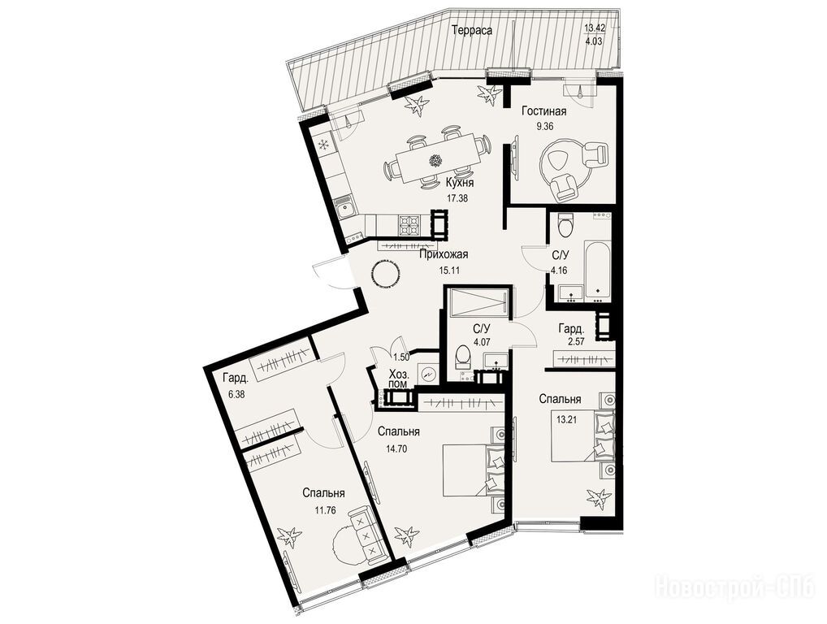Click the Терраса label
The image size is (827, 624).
coord(472,31)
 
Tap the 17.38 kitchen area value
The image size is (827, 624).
coord(457,199)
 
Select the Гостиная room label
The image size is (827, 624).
coord(544,111)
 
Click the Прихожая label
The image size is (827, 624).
coord(444,255)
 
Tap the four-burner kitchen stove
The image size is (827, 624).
coord(409,224)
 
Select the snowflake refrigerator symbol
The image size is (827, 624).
coord(323,144)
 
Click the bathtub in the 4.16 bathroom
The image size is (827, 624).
coord(598,270)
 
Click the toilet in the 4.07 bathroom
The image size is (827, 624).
coord(462,357)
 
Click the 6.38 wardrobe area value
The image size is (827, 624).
coord(233,393)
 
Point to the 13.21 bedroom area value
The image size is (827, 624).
coord(567,420)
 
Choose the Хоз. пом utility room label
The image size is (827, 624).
coord(398,379)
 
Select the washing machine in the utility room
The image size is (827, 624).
coord(428,374)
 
